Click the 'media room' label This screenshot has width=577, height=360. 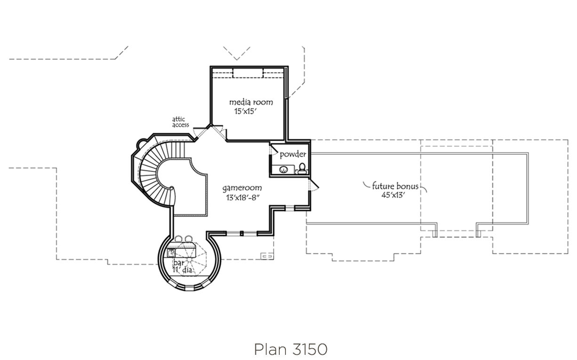(x=251, y=102)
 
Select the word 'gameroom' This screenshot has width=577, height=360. (x=242, y=188)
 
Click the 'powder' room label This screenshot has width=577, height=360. (x=293, y=154)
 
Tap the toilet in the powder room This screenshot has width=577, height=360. (x=302, y=167)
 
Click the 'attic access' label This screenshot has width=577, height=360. (x=181, y=122)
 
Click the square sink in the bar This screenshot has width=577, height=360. (x=172, y=253)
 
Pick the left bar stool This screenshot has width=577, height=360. (x=179, y=239)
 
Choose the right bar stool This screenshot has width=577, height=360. (x=189, y=239)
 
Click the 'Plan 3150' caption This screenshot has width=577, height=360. (x=290, y=349)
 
